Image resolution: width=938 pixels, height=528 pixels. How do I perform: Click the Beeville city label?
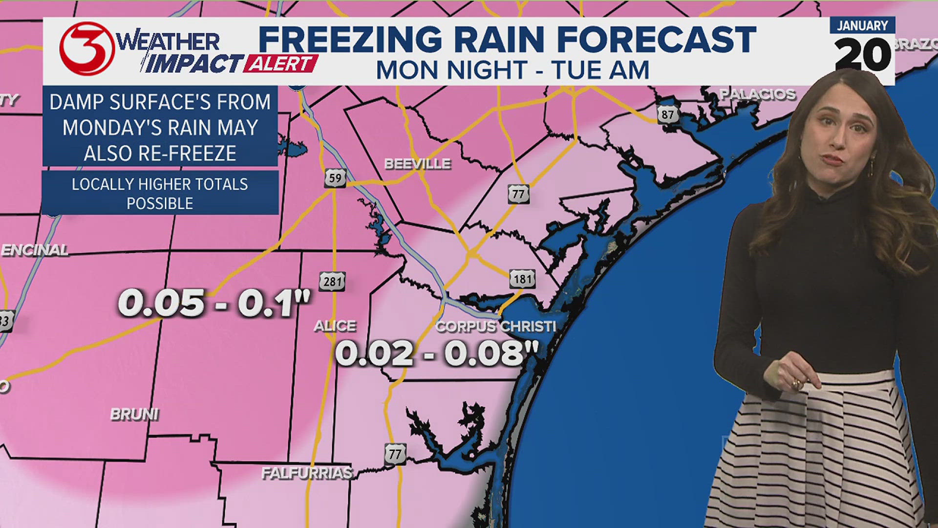point(417,164)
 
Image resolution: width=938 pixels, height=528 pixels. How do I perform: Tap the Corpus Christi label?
point(495,326)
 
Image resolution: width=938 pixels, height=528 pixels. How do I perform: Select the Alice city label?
point(335,326)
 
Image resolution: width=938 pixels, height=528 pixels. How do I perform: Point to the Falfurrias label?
point(307,473)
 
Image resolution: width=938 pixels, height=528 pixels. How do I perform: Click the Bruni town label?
point(134,414)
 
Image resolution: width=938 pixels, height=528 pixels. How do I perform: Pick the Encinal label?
point(35,250)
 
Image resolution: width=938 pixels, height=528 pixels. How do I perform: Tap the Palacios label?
point(758,94)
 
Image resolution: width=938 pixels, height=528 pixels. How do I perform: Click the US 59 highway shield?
point(335,178)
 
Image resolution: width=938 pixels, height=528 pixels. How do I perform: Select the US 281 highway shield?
point(332,281)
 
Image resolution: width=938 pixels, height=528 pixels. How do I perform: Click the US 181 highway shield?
point(522,279)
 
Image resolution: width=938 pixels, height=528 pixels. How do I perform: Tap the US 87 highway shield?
point(668,115)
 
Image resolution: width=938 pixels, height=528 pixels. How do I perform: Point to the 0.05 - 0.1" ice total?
point(214,303)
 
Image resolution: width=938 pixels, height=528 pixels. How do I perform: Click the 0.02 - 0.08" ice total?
point(437,353)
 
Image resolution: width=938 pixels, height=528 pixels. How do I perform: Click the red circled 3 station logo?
point(87,49)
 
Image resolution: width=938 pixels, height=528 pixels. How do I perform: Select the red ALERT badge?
point(280,64)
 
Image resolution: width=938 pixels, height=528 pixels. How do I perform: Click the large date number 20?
point(863,54)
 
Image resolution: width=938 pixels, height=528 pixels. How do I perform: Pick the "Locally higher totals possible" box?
point(160,193)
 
